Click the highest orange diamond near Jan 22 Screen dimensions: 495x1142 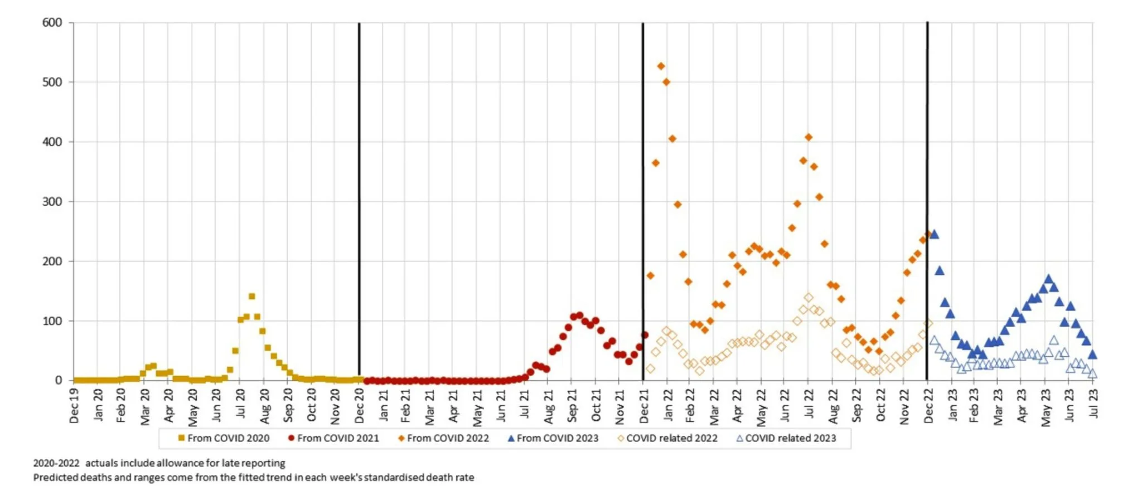pyautogui.click(x=661, y=66)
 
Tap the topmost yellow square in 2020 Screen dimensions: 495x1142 pyautogui.click(x=251, y=297)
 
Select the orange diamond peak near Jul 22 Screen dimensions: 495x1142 pyautogui.click(x=809, y=137)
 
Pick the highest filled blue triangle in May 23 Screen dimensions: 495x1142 pyautogui.click(x=1048, y=279)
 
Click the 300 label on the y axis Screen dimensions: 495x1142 pyautogui.click(x=52, y=202)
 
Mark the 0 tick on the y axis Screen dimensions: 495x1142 pyautogui.click(x=58, y=380)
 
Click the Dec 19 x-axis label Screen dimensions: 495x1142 pyautogui.click(x=74, y=406)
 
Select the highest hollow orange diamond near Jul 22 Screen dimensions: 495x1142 pyautogui.click(x=809, y=298)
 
